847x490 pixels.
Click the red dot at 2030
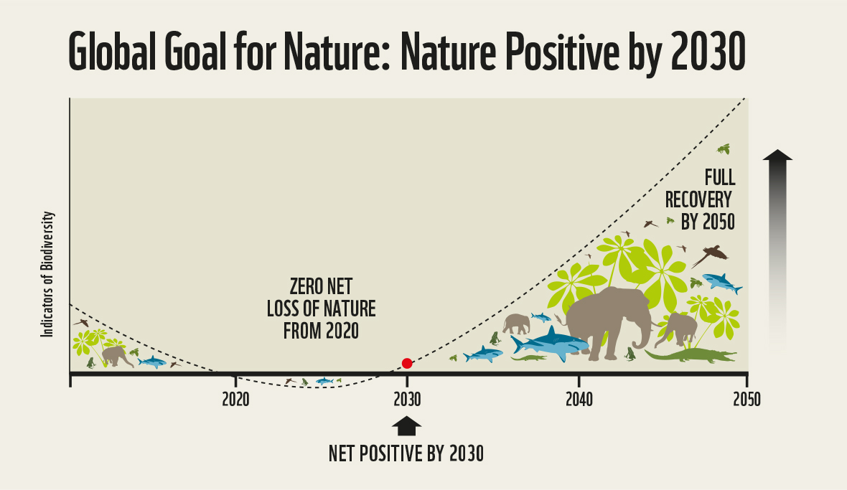[407, 363]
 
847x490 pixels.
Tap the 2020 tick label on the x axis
[235, 400]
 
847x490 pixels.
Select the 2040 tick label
[579, 400]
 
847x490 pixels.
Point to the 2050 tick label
[747, 400]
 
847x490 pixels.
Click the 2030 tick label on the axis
[407, 400]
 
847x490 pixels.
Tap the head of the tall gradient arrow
[778, 155]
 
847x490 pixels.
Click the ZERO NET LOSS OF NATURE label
[321, 309]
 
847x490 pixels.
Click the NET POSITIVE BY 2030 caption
[406, 454]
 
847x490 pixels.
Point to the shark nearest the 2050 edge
[721, 283]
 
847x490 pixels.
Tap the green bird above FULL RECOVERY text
[724, 149]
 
